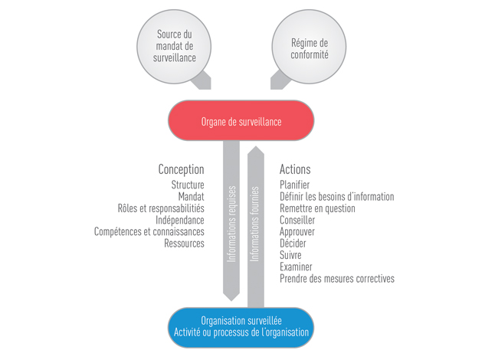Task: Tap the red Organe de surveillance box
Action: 241,121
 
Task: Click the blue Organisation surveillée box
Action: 241,327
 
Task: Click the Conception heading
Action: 182,169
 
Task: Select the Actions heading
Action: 295,169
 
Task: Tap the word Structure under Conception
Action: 188,185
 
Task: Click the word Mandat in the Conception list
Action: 190,196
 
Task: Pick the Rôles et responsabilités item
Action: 161,208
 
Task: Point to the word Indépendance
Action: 180,220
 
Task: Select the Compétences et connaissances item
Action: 149,231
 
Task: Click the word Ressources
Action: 184,244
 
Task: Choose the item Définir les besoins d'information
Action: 337,196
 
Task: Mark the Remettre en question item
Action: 317,208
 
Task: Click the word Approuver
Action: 298,231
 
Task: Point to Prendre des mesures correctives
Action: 337,279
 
